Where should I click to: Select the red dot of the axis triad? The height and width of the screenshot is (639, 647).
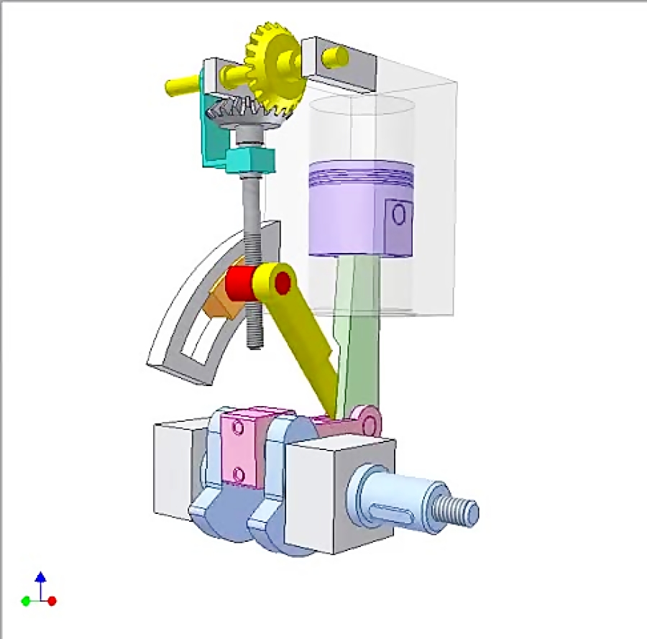(52, 601)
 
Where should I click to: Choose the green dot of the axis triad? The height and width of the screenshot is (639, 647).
(26, 601)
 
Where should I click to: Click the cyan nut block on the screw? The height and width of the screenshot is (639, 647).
(248, 158)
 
